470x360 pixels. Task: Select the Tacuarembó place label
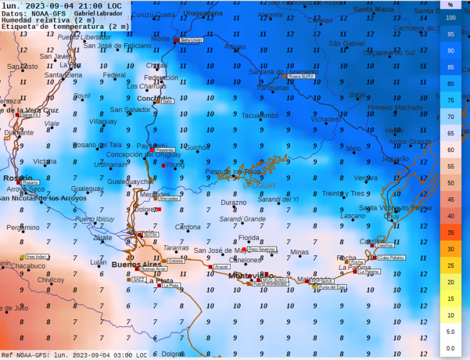pos(260,115)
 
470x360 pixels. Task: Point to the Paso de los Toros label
pos(233,172)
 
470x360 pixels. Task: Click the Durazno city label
pos(234,203)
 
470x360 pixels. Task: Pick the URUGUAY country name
pos(259,186)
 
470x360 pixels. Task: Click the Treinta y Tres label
pos(343,193)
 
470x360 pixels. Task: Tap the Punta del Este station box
pos(332,287)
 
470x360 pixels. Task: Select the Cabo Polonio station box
pos(391,257)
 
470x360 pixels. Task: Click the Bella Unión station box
pos(191,39)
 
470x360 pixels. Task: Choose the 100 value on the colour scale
pos(451,18)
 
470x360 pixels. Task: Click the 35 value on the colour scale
pos(451,232)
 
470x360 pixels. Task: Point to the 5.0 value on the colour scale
pos(451,331)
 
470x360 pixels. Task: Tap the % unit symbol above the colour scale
pos(451,4)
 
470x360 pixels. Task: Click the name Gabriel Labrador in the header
pos(98,13)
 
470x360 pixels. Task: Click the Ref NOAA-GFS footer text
pos(25,355)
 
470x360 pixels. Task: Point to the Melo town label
pos(353,148)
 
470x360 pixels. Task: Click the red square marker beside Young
pos(164,165)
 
